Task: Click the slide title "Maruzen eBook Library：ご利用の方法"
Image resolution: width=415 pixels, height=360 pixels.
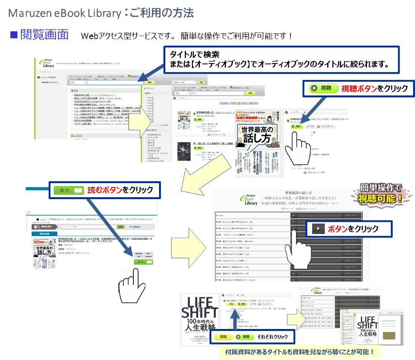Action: click(101, 12)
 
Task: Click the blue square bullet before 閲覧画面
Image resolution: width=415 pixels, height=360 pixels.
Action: click(14, 35)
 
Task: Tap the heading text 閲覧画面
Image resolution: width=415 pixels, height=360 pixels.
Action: click(44, 35)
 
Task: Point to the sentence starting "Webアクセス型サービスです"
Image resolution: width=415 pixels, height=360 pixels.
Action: click(187, 36)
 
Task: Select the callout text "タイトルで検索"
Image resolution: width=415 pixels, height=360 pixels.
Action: click(194, 54)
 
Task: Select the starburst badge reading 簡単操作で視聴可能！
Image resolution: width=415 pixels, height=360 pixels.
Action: click(381, 193)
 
